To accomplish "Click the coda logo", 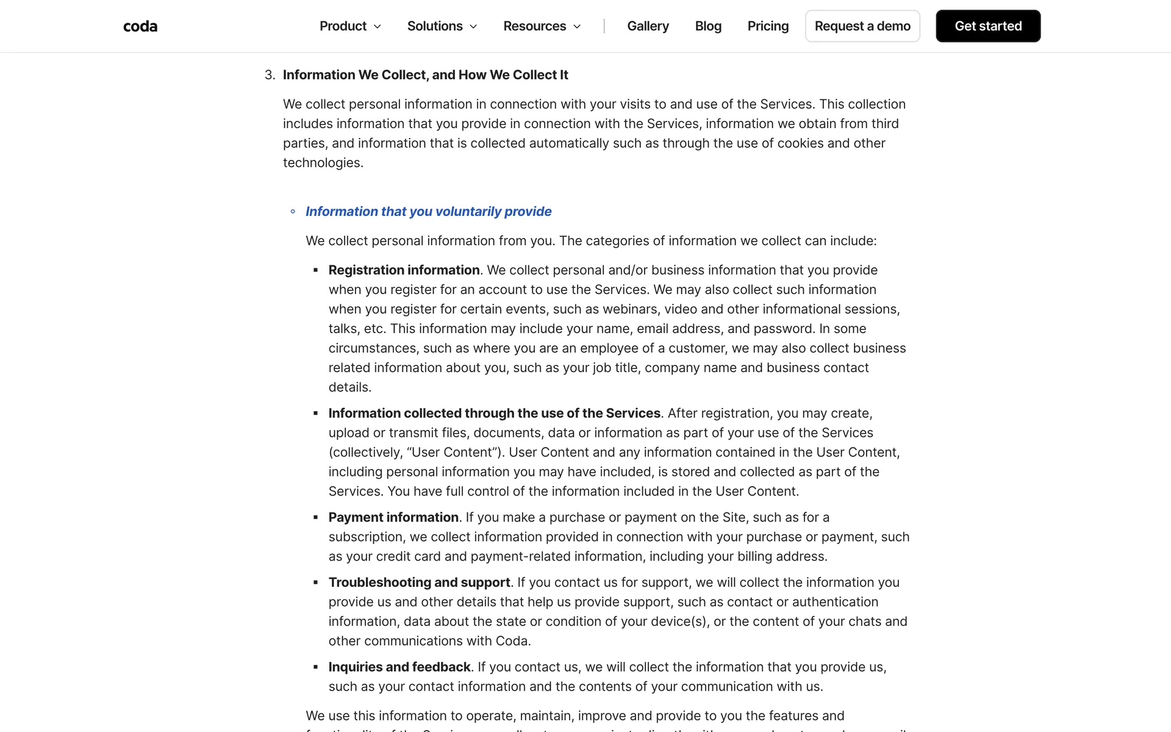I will [x=140, y=26].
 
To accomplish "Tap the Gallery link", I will [x=648, y=26].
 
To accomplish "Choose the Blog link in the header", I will [x=708, y=26].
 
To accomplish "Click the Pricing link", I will [x=768, y=26].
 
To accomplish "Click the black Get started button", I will [x=988, y=26].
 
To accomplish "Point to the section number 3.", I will [x=269, y=75].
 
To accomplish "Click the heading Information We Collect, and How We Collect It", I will [x=425, y=75].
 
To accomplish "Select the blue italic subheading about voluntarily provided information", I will [x=428, y=212].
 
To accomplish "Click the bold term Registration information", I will [x=404, y=270].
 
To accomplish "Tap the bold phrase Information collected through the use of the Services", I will [x=494, y=414].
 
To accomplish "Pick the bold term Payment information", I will [x=393, y=517].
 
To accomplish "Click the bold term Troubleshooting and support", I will [x=419, y=583].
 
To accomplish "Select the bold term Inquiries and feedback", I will [x=399, y=667].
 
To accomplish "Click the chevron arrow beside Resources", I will [x=577, y=27].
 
